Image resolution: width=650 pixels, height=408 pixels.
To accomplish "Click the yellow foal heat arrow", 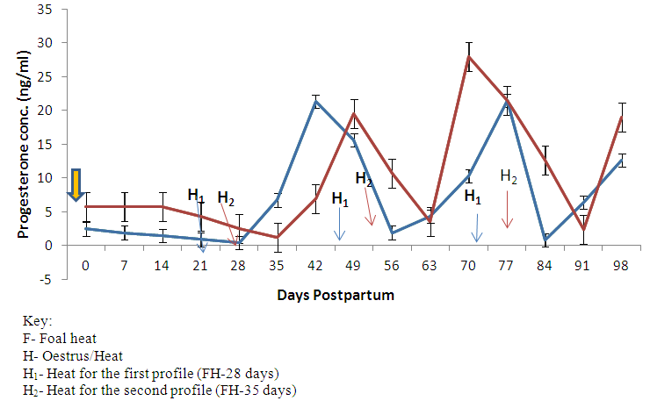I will tap(77, 185).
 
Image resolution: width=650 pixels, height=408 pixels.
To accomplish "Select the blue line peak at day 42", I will tap(315, 101).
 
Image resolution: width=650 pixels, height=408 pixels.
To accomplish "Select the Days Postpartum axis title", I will tap(336, 296).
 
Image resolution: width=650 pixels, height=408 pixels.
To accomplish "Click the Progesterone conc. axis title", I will tap(24, 145).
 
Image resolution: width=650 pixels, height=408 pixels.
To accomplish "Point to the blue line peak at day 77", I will tap(508, 102).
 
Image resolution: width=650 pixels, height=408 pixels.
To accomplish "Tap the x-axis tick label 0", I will tap(85, 267).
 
